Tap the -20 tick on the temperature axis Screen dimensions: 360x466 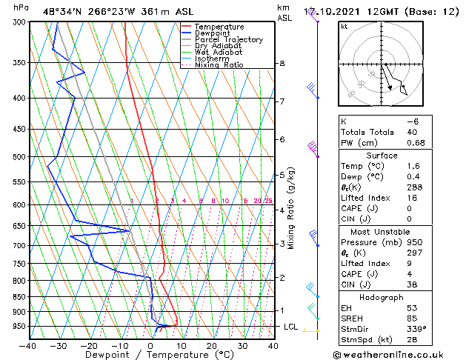[89, 345]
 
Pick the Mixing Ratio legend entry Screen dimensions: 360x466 [219, 65]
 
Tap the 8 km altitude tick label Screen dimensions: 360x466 [282, 64]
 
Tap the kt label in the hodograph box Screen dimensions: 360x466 [344, 26]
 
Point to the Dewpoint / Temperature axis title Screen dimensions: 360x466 [150, 355]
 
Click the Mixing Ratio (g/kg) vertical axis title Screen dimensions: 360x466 [291, 208]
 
